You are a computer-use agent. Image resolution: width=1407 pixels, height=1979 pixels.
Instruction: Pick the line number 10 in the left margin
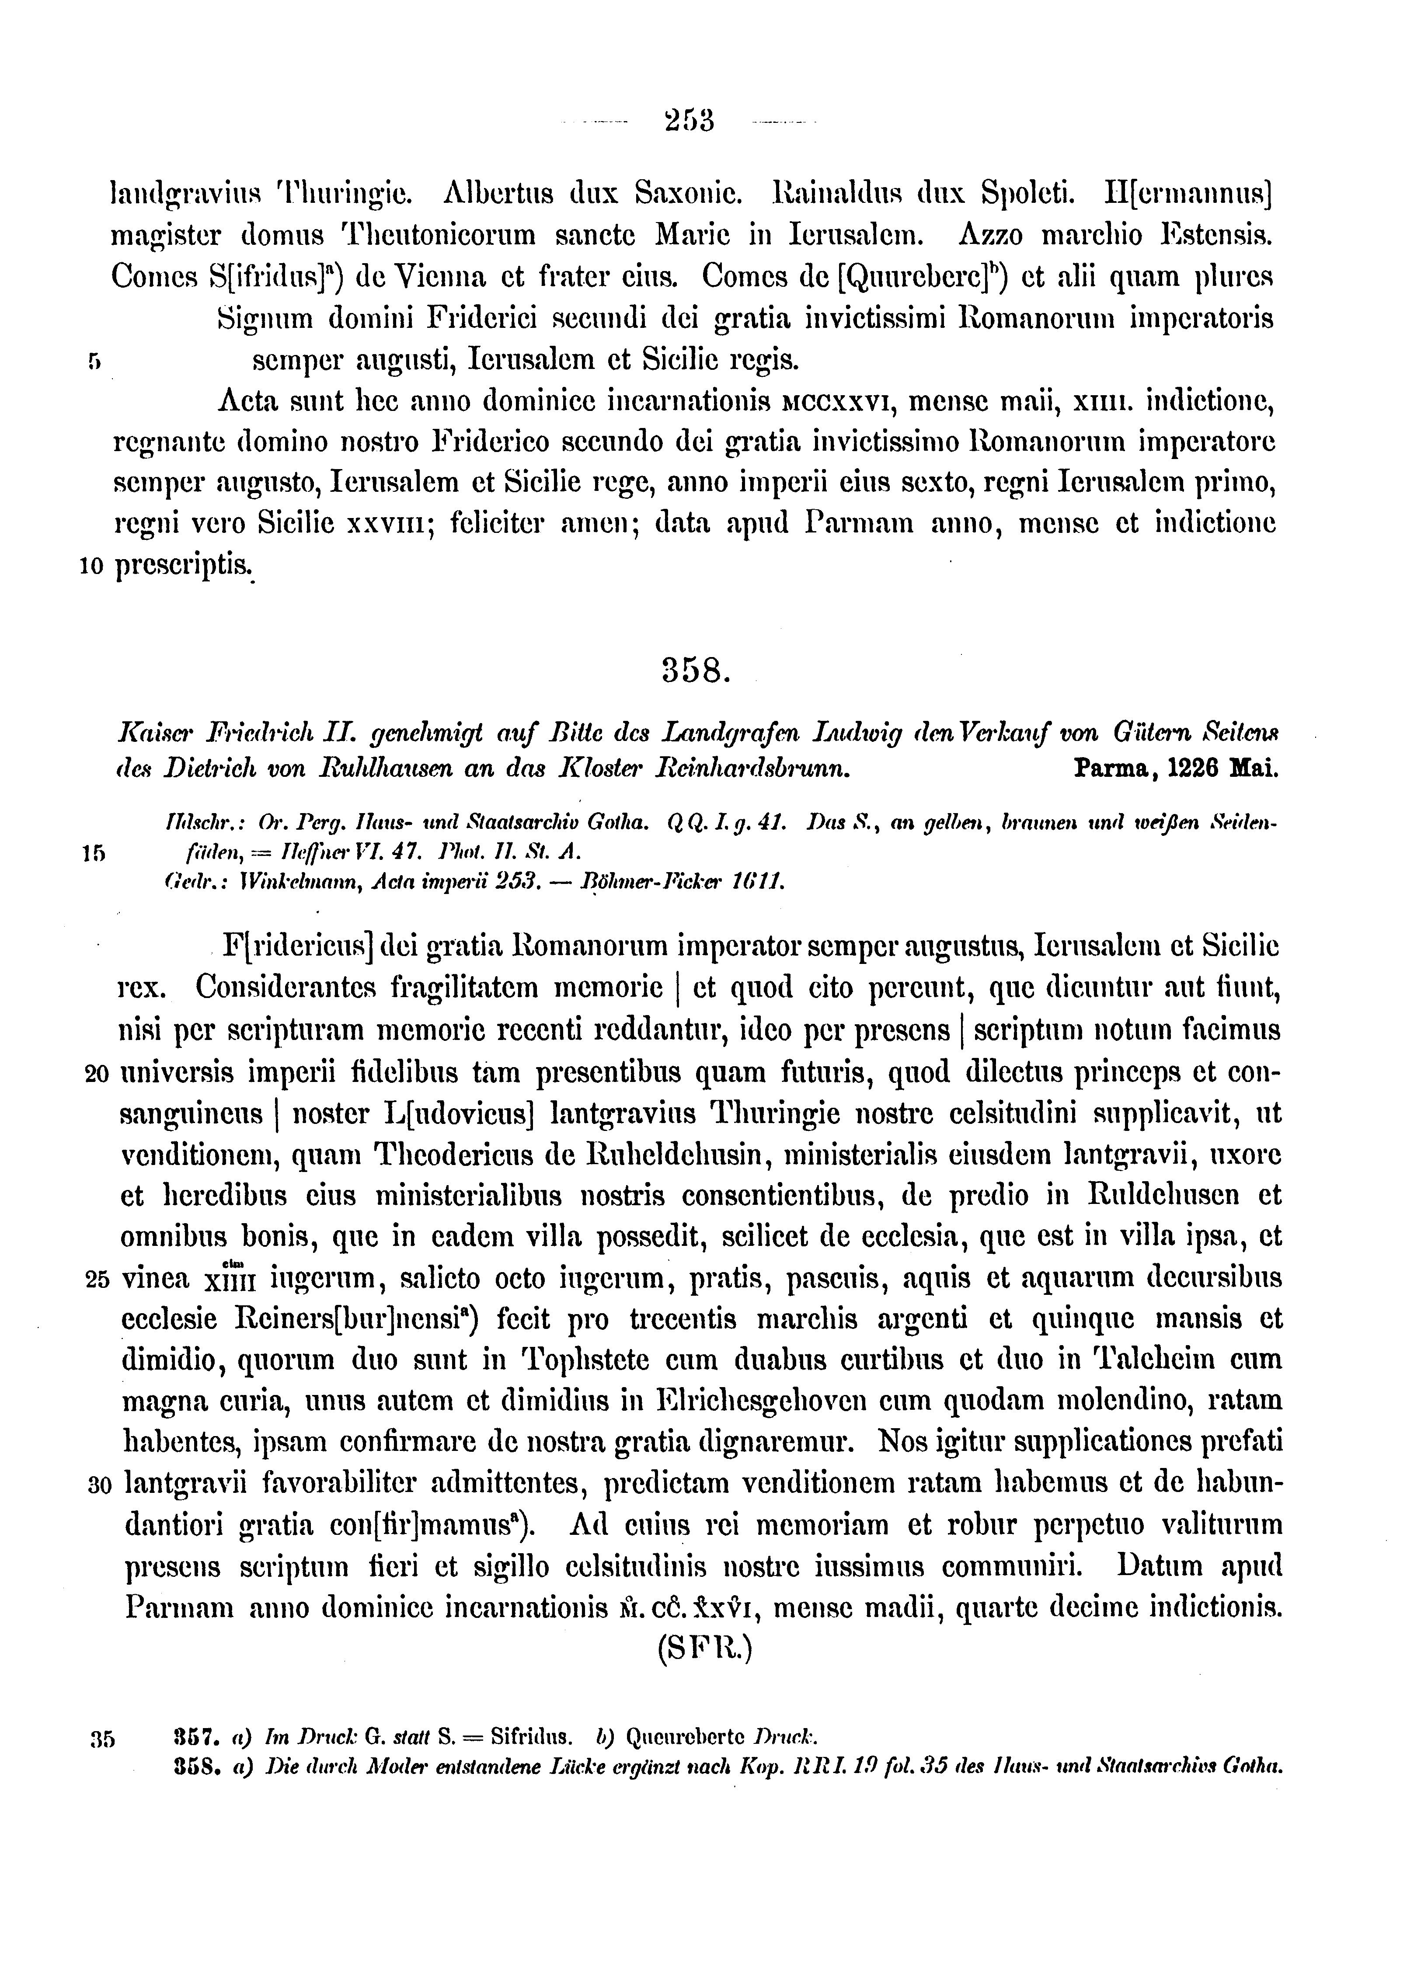click(x=92, y=567)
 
